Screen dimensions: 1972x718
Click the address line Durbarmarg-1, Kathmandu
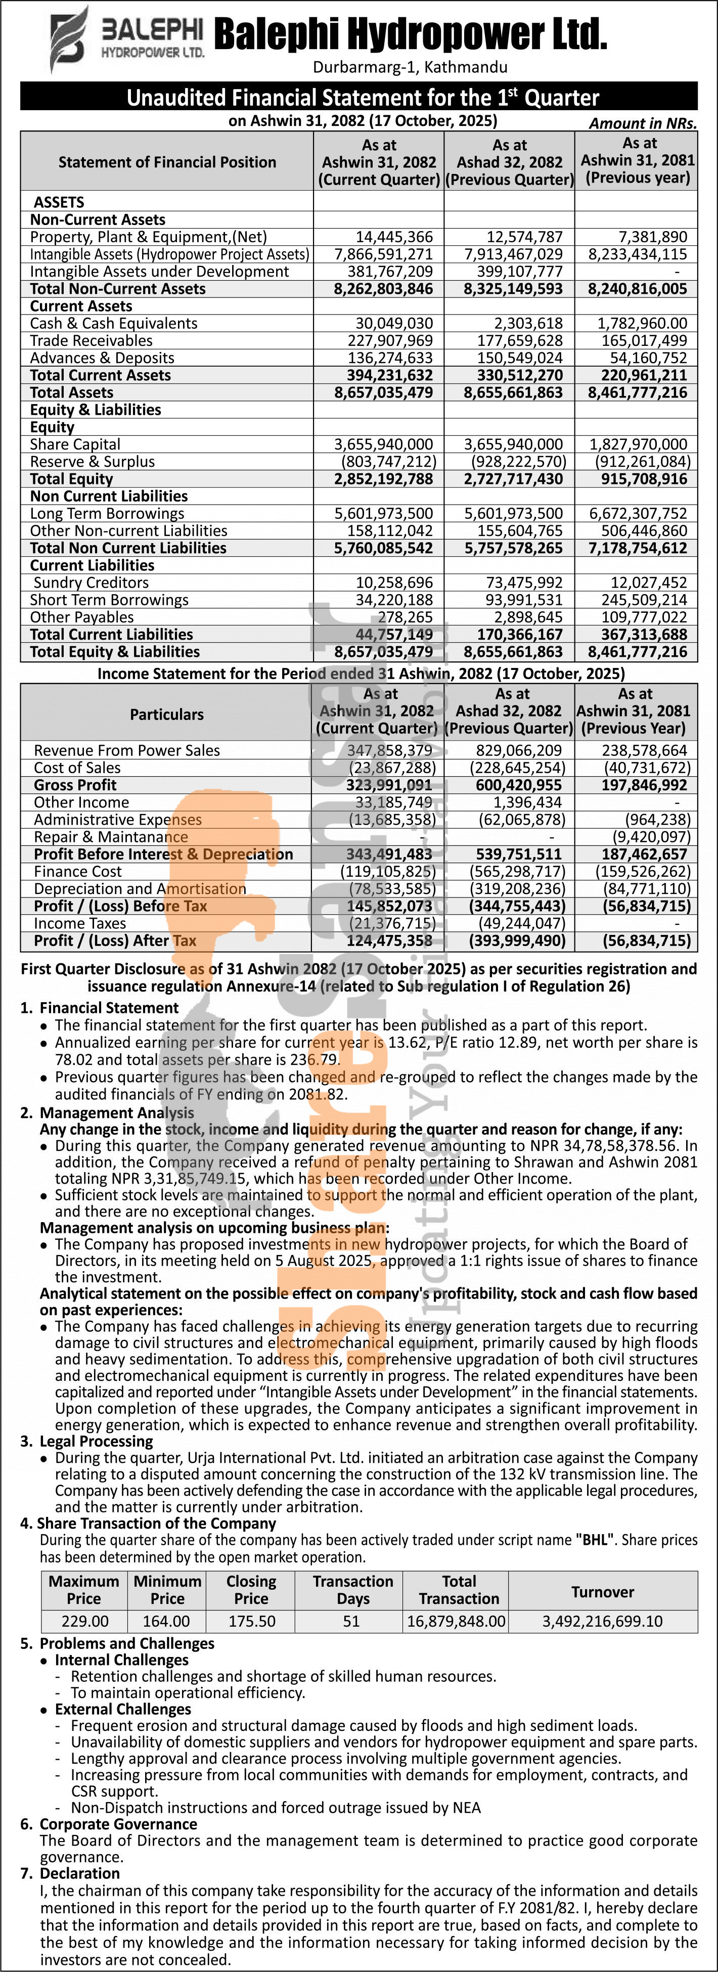[410, 67]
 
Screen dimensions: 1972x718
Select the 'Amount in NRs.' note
[642, 123]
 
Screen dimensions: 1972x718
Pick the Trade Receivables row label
[91, 341]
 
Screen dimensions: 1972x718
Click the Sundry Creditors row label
[94, 582]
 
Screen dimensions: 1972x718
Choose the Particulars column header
[166, 714]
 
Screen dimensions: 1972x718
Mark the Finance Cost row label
[77, 871]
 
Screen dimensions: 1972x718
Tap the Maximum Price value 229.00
[84, 1622]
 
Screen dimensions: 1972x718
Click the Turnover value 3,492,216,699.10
[602, 1622]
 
